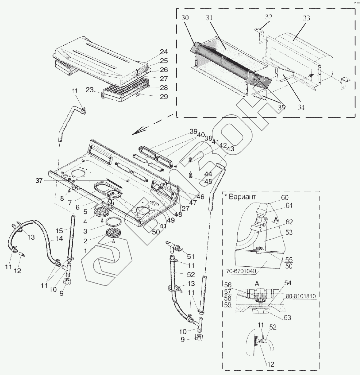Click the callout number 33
(x=306, y=18)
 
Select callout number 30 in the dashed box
(x=185, y=18)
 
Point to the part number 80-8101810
(x=300, y=296)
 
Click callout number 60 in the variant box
(x=285, y=198)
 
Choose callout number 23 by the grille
(x=90, y=90)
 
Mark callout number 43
(x=230, y=149)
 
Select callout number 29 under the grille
(x=164, y=97)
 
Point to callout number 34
(x=301, y=107)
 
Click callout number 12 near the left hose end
(x=18, y=271)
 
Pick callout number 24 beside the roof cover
(x=164, y=51)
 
